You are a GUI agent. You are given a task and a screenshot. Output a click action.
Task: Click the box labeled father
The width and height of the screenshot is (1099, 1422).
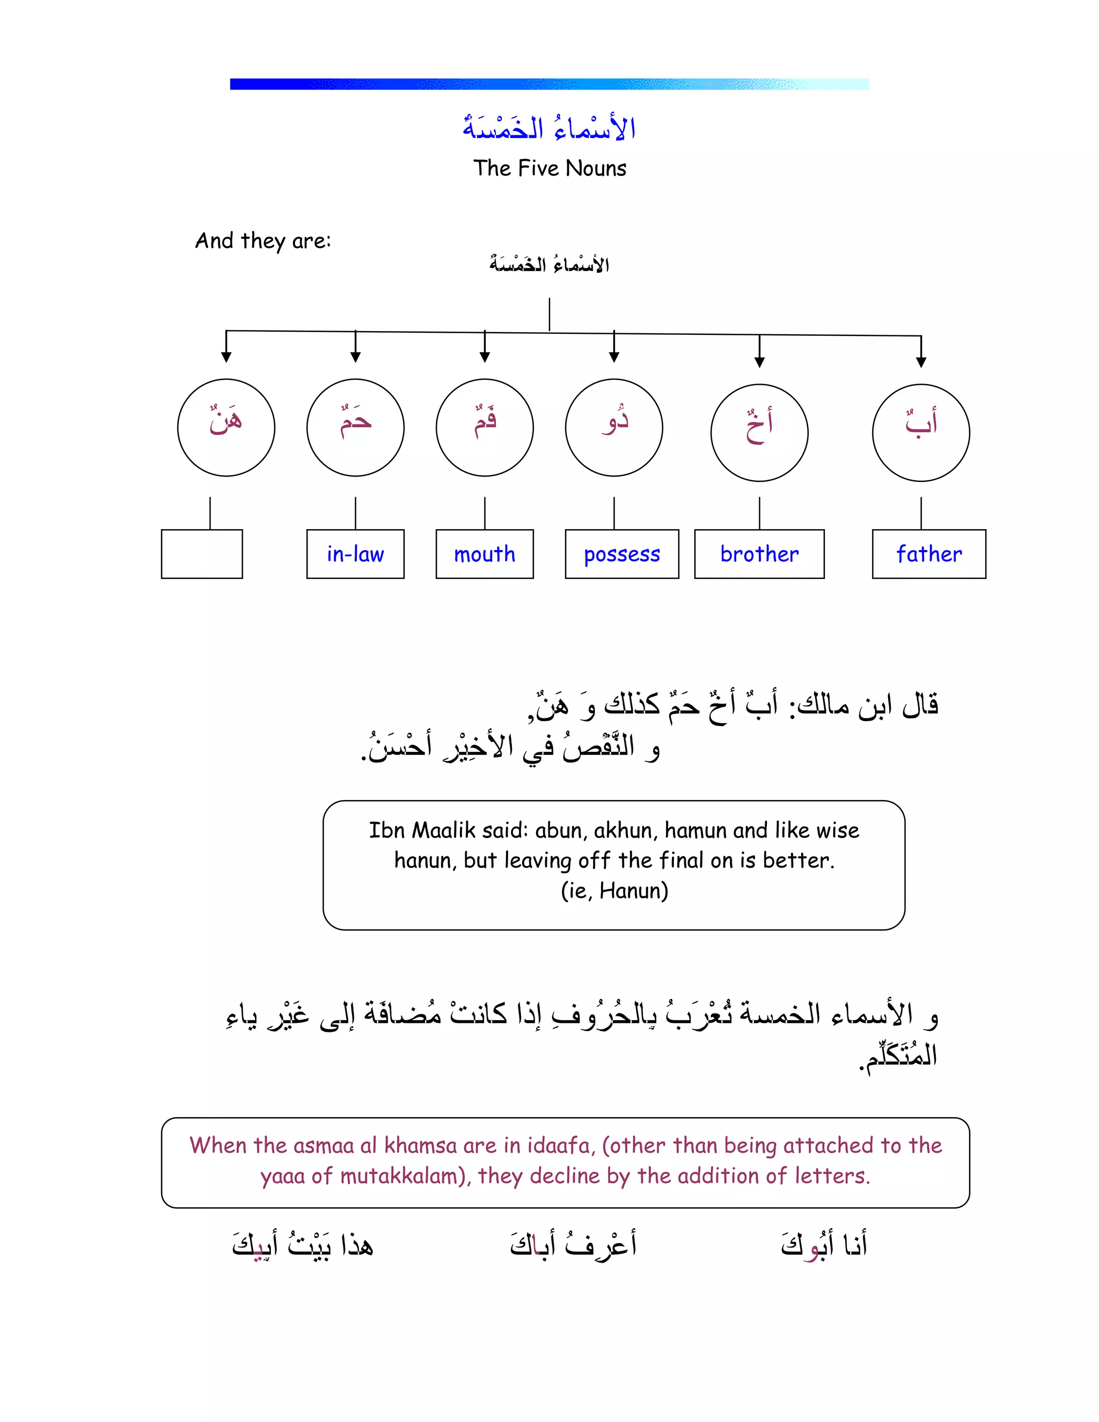pos(928,554)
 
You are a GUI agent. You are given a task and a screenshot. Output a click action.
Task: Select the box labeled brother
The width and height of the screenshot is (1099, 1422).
pos(759,554)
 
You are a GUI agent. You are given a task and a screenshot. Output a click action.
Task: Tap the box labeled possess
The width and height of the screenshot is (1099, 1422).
pos(622,554)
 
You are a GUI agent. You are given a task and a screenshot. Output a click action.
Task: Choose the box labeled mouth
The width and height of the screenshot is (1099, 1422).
pos(485,554)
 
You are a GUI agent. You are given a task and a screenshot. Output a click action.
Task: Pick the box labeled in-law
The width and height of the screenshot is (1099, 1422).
pos(355,554)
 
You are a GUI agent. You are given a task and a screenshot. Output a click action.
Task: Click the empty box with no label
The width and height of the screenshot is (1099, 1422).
pos(202,554)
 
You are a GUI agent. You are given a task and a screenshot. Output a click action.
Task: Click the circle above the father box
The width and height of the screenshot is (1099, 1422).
pos(921,433)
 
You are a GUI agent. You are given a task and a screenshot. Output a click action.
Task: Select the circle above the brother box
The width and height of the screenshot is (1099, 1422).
pos(759,433)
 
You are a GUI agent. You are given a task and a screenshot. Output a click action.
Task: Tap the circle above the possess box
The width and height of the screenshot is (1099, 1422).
pos(614,428)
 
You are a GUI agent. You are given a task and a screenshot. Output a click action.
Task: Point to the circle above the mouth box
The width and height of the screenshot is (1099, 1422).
pos(485,428)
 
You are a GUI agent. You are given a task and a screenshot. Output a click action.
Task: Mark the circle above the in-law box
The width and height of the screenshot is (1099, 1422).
pos(355,428)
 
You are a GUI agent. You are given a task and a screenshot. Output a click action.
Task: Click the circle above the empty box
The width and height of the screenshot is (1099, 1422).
pos(226,428)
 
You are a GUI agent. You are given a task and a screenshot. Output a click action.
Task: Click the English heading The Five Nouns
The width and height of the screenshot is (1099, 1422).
pos(549,168)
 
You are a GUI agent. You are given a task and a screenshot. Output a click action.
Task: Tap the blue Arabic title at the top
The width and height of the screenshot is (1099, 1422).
pos(549,128)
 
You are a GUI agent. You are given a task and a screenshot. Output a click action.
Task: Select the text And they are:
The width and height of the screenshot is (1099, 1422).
pos(263,241)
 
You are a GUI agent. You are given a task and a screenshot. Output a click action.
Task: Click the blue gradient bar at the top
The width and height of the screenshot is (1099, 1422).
pos(549,84)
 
